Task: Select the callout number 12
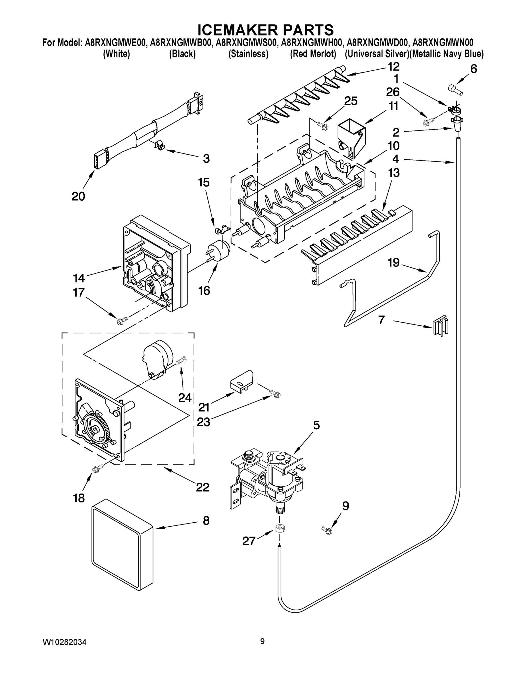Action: coord(393,66)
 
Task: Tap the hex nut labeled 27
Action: coord(279,528)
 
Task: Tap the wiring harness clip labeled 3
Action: coord(159,145)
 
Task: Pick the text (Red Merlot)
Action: coord(313,54)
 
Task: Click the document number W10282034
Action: coord(64,642)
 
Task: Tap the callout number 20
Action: coord(78,196)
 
